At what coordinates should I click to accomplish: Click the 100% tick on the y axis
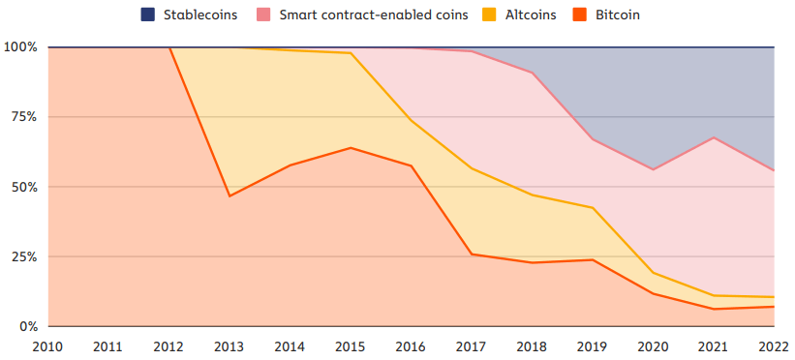pyautogui.click(x=20, y=47)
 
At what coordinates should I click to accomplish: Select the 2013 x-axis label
pyautogui.click(x=229, y=345)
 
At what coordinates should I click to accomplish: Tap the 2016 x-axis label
pyautogui.click(x=411, y=345)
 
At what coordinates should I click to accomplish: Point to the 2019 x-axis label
pyautogui.click(x=593, y=345)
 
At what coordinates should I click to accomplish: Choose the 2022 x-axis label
pyautogui.click(x=773, y=345)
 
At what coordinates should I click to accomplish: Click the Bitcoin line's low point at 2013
pyautogui.click(x=229, y=196)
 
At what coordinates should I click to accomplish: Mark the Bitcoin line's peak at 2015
pyautogui.click(x=350, y=148)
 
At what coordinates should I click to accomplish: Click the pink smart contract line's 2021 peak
pyautogui.click(x=714, y=137)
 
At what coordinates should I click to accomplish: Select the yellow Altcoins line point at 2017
pyautogui.click(x=472, y=168)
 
